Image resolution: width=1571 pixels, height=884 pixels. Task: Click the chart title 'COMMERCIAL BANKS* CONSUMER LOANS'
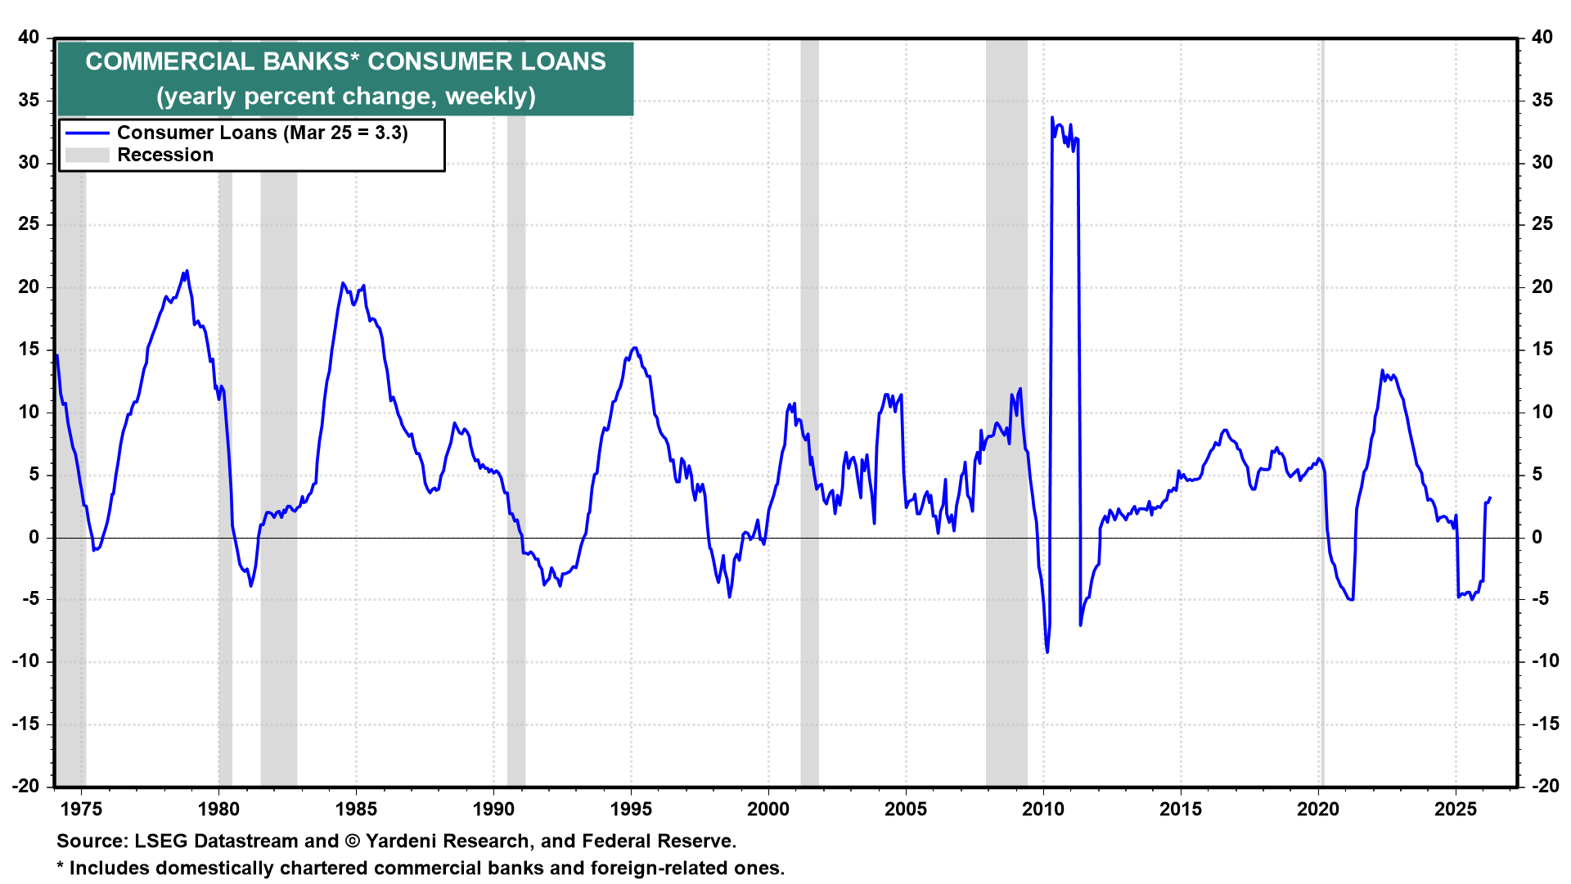point(345,62)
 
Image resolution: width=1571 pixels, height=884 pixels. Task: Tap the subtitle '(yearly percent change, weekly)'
point(345,97)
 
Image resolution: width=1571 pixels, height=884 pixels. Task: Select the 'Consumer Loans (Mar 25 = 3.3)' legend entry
point(262,133)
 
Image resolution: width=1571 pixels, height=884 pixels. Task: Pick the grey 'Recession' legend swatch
point(87,156)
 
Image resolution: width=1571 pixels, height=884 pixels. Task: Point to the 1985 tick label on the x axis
point(356,810)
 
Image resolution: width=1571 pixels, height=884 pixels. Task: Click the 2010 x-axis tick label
point(1043,810)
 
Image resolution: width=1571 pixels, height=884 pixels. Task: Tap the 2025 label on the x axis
point(1456,810)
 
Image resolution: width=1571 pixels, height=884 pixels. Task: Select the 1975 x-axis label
point(81,810)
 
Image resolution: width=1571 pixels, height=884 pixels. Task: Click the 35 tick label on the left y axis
point(29,101)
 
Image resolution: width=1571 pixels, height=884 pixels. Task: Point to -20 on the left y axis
point(25,786)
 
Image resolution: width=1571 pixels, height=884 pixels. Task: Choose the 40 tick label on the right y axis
point(1542,38)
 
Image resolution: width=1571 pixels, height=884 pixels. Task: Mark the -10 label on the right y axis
point(1539,661)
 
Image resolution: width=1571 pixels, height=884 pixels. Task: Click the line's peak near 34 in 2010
point(1052,118)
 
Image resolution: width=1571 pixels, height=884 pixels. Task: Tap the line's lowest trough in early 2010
point(1047,652)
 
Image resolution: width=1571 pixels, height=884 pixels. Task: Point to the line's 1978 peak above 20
point(187,271)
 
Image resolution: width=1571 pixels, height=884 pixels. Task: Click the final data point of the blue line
point(1490,497)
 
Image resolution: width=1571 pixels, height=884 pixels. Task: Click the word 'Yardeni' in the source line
point(405,841)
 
